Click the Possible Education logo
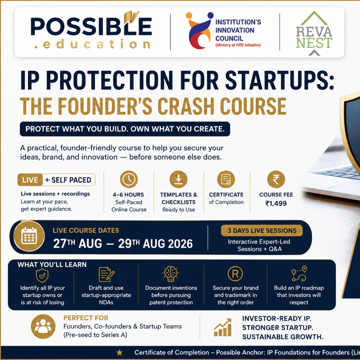click(x=91, y=30)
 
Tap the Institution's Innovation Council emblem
click(x=199, y=30)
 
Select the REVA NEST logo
click(x=314, y=33)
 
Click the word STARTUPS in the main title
click(x=280, y=80)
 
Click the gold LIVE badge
click(x=30, y=180)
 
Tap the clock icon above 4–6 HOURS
click(x=129, y=179)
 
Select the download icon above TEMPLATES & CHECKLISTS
click(x=178, y=179)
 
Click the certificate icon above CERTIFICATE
click(x=226, y=179)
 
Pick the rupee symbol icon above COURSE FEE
click(x=276, y=179)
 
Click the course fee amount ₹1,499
click(x=276, y=204)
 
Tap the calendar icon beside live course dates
click(x=29, y=236)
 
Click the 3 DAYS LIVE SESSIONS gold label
click(x=262, y=231)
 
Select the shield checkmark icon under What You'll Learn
click(x=42, y=275)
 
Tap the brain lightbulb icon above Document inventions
click(x=171, y=274)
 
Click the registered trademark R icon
click(x=235, y=274)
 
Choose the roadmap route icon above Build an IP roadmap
click(x=299, y=273)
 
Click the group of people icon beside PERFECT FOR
click(x=43, y=326)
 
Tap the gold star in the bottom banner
click(x=119, y=353)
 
